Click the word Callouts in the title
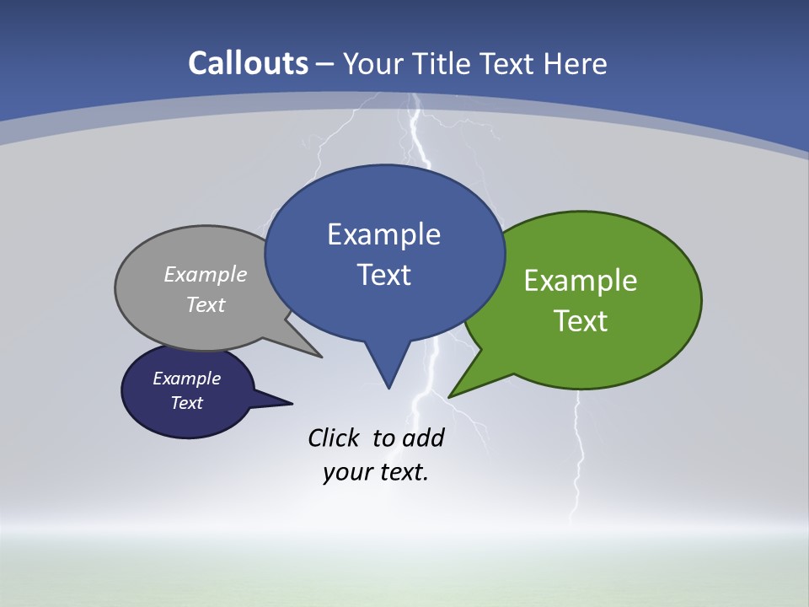(248, 64)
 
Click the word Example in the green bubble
(581, 281)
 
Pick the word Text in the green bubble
(581, 321)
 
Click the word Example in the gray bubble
(206, 275)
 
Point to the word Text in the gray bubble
(206, 305)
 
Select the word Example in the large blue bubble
(383, 234)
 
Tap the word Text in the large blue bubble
(384, 275)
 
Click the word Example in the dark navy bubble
(186, 379)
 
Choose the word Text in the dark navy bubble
(186, 403)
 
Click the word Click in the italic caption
(334, 438)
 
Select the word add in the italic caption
(423, 438)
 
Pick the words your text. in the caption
(376, 472)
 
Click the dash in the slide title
(325, 64)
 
